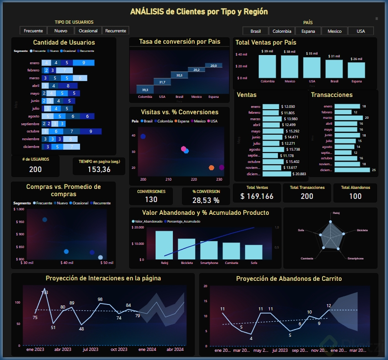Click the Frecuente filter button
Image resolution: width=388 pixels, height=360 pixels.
pos(33,30)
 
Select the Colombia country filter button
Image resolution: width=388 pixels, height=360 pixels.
pos(282,31)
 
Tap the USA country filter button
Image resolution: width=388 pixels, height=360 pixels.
pos(361,31)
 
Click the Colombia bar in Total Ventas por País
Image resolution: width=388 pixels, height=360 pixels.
pos(267,66)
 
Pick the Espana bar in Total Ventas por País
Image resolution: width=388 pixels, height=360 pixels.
pos(356,70)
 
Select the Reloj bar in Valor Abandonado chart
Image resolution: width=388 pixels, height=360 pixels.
pos(164,245)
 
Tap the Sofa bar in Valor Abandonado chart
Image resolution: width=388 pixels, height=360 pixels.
pos(254,252)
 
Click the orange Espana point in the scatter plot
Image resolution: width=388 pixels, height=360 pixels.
pos(212,168)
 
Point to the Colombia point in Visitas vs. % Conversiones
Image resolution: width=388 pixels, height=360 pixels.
pos(143,137)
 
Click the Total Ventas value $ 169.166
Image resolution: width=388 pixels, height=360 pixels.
pos(257,196)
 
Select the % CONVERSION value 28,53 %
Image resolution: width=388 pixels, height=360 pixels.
pos(206,200)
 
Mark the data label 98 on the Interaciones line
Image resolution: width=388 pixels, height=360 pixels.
pos(100,299)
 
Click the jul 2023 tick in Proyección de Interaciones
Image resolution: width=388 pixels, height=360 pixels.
pos(91,350)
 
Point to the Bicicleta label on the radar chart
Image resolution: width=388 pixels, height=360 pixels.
pos(363,230)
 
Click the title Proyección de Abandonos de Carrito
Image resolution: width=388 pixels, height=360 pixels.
pos(289,278)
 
